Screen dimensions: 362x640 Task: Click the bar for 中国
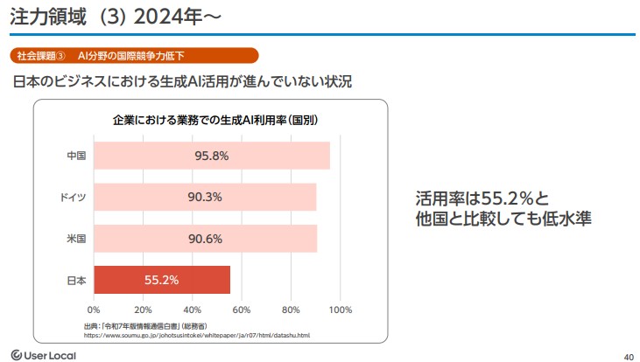coord(211,156)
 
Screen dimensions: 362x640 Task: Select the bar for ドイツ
coord(204,197)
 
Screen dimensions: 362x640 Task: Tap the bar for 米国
coord(205,239)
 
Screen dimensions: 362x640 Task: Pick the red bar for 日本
coord(162,280)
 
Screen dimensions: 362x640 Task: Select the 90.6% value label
coord(205,239)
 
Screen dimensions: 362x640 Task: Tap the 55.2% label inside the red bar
coord(162,280)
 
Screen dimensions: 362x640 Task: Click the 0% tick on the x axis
coord(94,310)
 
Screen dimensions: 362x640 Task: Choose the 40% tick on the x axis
coord(193,310)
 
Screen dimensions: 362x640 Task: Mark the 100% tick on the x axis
coord(340,310)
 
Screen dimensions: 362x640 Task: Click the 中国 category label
coord(76,156)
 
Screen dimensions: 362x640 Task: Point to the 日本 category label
coord(76,280)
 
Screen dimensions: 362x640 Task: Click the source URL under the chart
coord(197,334)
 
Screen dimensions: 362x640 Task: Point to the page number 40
coord(628,355)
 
